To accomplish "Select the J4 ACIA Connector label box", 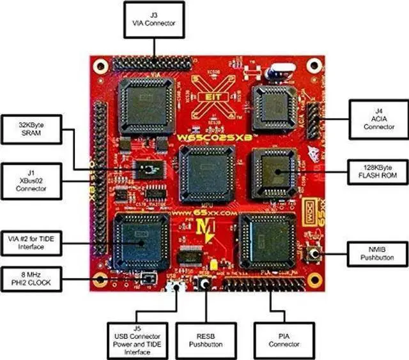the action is (378, 118).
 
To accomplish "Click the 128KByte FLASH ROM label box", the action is (378, 171).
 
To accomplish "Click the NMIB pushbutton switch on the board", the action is (314, 255).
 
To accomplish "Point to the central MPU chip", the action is (206, 173).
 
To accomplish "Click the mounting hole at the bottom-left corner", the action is (100, 280).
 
